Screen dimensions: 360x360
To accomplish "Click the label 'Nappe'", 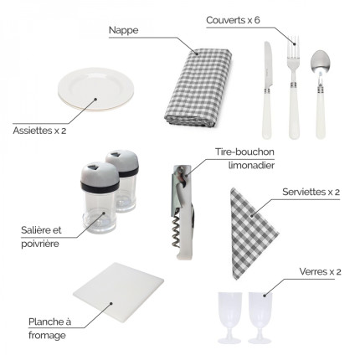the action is coord(123,30).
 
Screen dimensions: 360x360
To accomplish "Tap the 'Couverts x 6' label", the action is coord(233,20).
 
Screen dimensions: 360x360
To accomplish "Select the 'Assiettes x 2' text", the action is coord(39,131).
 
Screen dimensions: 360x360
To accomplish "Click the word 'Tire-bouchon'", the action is coord(244,152).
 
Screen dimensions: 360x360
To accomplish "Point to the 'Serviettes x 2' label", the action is coord(311,192).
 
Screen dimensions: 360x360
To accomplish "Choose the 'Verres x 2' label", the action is coord(320,271).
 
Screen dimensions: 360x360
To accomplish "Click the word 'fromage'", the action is coord(47,335).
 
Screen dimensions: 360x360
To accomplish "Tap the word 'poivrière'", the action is coord(40,244).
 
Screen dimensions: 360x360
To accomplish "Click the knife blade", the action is coord(268,64).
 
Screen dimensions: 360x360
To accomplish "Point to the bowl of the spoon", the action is coord(320,62).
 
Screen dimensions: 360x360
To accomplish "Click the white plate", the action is coord(96,90).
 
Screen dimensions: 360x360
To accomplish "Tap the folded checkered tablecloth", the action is coord(198,88).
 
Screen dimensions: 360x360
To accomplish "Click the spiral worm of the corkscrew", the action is coord(176,231).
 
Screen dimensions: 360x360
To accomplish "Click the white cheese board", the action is coord(118,292).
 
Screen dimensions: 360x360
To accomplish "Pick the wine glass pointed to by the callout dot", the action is coord(260,317).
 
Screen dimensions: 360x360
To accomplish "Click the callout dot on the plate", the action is coord(95,99).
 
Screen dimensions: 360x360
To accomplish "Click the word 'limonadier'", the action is coord(251,165).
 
